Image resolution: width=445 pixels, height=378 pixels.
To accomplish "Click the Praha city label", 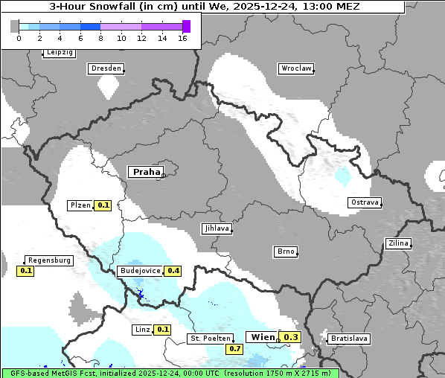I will [146, 172].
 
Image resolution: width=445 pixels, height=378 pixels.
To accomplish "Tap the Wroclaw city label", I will [295, 68].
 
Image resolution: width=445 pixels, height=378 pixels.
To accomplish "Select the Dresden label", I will [105, 68].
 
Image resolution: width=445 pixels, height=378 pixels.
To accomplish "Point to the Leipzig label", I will [59, 53].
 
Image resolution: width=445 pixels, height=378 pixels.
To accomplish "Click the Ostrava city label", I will [365, 202].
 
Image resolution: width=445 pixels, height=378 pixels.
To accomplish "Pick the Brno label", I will [286, 252].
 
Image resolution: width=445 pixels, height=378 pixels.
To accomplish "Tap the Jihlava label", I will [216, 229].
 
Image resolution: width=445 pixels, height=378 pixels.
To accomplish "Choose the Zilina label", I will [398, 243].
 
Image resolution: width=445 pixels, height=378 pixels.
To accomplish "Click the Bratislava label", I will [349, 339].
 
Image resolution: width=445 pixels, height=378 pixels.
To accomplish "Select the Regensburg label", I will [49, 260].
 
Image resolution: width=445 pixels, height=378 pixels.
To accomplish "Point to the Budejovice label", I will [140, 271].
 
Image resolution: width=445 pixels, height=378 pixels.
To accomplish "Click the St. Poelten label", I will [211, 339].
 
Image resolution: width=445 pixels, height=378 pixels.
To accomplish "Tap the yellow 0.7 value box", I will [235, 348].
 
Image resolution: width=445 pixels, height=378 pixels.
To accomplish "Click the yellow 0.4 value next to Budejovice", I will [174, 271].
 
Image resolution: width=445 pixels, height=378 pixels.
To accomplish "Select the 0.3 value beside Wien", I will [290, 337].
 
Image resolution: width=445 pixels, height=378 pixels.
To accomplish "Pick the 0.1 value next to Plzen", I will [103, 205].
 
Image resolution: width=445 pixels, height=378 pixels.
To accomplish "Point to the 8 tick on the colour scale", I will [100, 38].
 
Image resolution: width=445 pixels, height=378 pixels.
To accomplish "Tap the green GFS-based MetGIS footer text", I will [170, 373].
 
